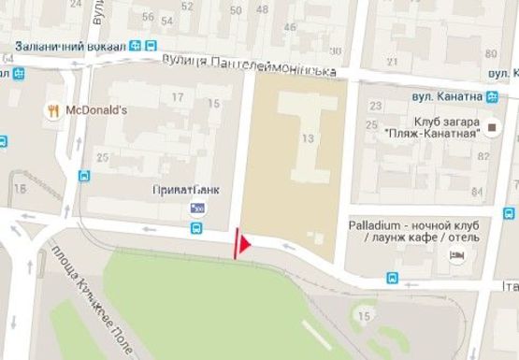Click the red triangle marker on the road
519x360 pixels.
(x=245, y=245)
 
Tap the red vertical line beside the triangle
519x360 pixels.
(x=236, y=243)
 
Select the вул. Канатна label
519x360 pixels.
(x=446, y=95)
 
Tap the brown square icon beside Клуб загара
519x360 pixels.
(x=491, y=123)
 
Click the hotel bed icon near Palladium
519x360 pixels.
(x=457, y=254)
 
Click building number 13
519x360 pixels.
(x=308, y=138)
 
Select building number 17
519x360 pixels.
(x=177, y=96)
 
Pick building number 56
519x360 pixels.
(x=146, y=17)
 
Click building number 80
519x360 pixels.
(x=492, y=52)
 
